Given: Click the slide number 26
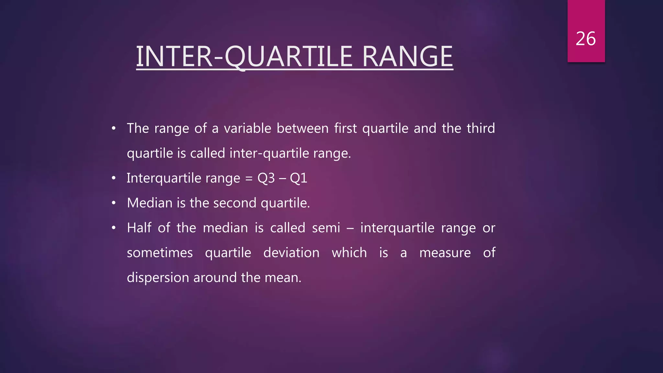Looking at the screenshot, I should click(x=586, y=39).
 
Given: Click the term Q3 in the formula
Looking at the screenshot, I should click(x=266, y=178).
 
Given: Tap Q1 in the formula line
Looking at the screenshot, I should click(x=298, y=178).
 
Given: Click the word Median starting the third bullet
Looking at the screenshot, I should click(x=150, y=203).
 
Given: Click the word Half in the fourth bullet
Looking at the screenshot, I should click(x=139, y=228).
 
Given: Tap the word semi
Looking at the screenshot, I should click(x=326, y=228).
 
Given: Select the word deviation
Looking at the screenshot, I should click(x=291, y=253).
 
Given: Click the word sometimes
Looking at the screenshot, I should click(x=160, y=253).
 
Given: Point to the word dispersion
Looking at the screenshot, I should click(x=158, y=278).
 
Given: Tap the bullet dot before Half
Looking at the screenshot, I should click(x=114, y=228).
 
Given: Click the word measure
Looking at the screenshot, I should click(x=445, y=253).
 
